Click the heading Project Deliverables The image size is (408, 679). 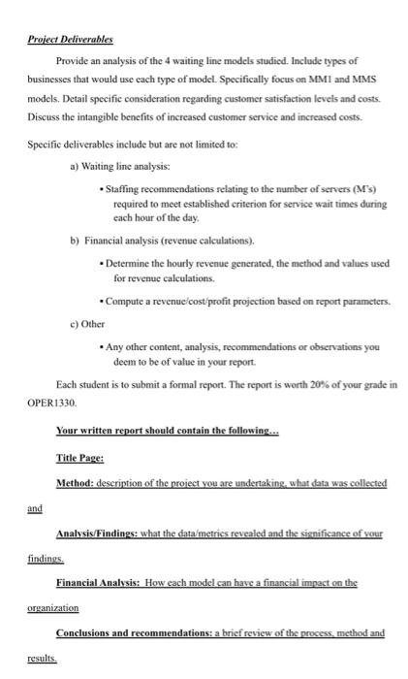point(69,40)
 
